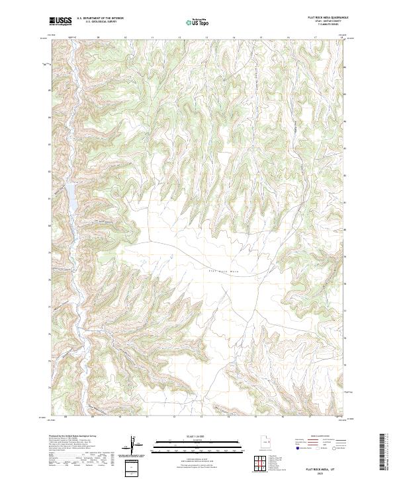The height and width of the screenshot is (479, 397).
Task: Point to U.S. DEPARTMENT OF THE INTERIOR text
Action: (x=100, y=18)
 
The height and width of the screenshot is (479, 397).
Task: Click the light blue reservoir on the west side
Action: (x=68, y=192)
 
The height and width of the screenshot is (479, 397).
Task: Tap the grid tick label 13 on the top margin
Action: (x=207, y=37)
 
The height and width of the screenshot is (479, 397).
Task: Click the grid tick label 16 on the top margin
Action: (x=288, y=37)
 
